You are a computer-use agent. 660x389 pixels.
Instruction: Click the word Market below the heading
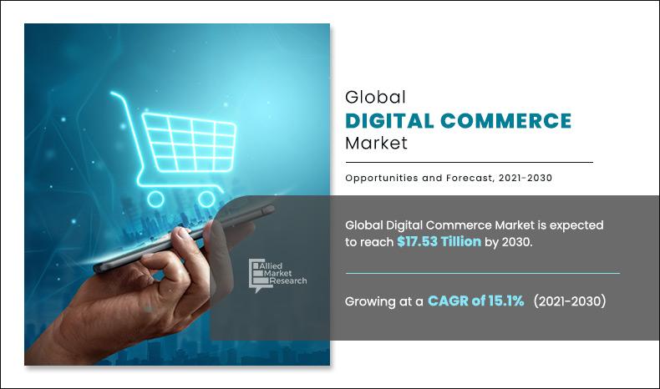click(376, 143)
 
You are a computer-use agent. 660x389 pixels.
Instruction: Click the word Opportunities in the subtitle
click(382, 178)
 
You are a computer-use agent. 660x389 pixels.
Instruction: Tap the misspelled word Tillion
click(485, 241)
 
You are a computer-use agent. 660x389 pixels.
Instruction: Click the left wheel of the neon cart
click(155, 198)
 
